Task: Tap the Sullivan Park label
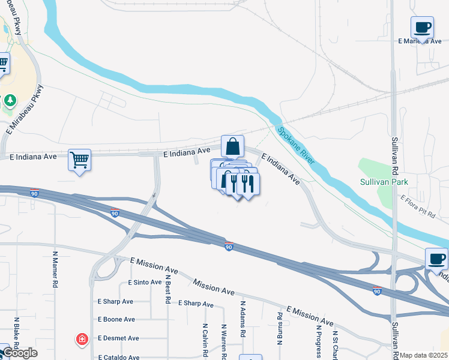pos(384,181)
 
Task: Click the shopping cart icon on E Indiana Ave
pos(79,160)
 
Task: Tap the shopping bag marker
pos(233,146)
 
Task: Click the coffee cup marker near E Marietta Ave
pos(423,27)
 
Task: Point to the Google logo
pos(20,353)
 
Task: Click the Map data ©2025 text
pos(424,355)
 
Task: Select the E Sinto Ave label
pos(145,282)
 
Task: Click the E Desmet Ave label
pos(117,338)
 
